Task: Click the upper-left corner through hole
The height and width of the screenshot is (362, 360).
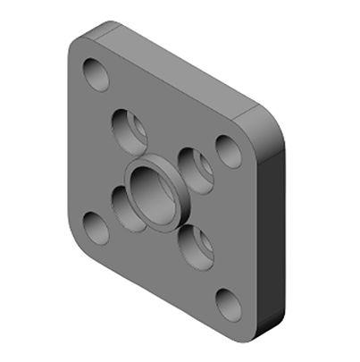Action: (x=95, y=74)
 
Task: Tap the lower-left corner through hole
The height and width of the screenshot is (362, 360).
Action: (x=96, y=228)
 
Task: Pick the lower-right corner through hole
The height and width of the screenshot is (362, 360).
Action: (x=229, y=306)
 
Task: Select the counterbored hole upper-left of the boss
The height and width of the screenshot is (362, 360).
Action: (x=130, y=129)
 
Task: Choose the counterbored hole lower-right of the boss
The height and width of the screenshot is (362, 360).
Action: (x=194, y=244)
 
